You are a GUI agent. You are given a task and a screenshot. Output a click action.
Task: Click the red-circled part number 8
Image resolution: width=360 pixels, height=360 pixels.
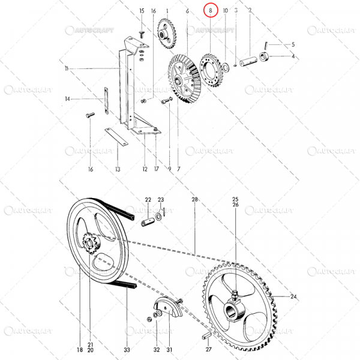click(x=210, y=11)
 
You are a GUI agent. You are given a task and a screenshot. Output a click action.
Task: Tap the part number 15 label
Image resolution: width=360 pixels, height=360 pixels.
click(x=142, y=11)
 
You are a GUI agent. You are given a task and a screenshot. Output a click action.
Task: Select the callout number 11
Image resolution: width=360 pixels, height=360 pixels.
click(x=67, y=70)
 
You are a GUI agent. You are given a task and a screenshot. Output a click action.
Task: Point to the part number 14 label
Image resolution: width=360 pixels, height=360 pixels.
click(x=68, y=98)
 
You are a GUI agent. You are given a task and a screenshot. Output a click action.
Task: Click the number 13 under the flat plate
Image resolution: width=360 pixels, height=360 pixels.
click(x=118, y=170)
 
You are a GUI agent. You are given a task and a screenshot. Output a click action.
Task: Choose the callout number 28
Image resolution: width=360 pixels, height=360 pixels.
click(x=194, y=199)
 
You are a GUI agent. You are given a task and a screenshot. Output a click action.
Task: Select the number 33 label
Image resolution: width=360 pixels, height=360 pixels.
click(x=126, y=349)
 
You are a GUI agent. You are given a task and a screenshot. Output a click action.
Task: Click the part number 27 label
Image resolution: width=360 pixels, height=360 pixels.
click(x=208, y=349)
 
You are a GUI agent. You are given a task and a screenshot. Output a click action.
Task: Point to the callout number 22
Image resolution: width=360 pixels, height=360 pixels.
click(x=148, y=199)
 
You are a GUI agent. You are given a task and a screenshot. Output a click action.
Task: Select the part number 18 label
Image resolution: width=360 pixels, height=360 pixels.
click(x=79, y=349)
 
